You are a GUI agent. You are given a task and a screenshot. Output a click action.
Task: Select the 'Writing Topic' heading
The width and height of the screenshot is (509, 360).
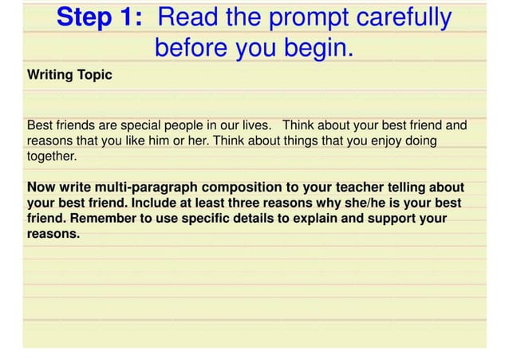click(x=69, y=76)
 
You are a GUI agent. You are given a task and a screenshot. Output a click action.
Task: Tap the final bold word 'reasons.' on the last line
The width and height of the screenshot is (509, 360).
click(x=54, y=234)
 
